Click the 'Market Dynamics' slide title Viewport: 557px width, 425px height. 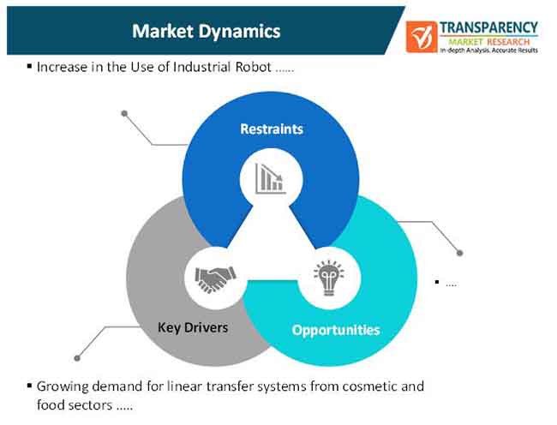coord(206,31)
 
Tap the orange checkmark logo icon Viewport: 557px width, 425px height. coord(422,37)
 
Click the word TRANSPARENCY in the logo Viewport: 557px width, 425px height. coord(488,27)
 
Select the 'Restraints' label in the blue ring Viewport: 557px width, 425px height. coord(272,129)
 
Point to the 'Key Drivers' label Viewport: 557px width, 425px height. coord(193,327)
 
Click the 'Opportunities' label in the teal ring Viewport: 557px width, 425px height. coord(336,330)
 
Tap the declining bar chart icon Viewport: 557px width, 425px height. coord(271,178)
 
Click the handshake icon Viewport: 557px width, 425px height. coord(215,279)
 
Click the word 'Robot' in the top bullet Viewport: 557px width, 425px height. coord(254,67)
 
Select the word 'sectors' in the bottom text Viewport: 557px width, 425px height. coord(93,405)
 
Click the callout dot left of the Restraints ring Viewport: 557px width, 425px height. coord(124,114)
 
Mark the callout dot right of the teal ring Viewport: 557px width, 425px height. coord(459,253)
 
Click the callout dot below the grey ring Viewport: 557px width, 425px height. coord(77,358)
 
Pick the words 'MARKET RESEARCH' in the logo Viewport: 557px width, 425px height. coord(488,42)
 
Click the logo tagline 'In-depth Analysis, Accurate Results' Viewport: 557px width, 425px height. coord(488,51)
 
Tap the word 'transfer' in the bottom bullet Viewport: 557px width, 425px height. coord(229,386)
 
